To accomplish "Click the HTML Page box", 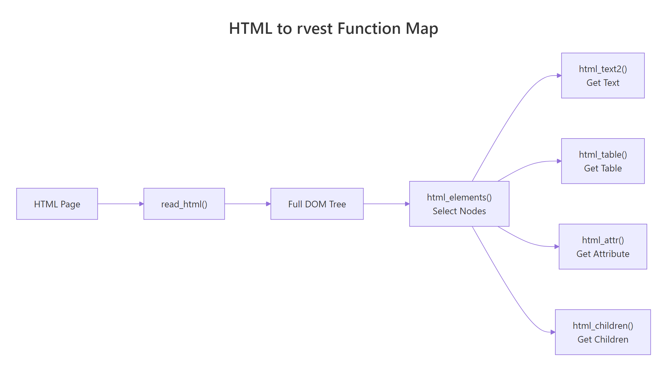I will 57,204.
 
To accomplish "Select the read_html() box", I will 184,204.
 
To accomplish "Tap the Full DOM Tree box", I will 317,204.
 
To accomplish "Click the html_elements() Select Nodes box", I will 459,204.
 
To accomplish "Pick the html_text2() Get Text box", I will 603,75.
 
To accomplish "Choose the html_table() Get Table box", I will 603,161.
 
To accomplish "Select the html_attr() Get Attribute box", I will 603,247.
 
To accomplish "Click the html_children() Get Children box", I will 603,332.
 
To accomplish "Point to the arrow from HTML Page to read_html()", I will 120,204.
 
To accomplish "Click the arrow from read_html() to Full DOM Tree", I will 248,204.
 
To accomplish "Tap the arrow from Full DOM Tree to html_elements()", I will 386,204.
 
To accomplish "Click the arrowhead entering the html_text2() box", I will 559,76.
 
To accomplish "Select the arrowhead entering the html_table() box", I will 559,161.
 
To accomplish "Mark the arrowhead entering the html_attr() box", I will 557,247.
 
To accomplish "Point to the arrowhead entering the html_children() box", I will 553,332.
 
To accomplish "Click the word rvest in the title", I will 314,29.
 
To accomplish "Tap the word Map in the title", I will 422,29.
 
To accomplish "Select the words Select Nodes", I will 459,211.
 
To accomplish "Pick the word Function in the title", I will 369,29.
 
